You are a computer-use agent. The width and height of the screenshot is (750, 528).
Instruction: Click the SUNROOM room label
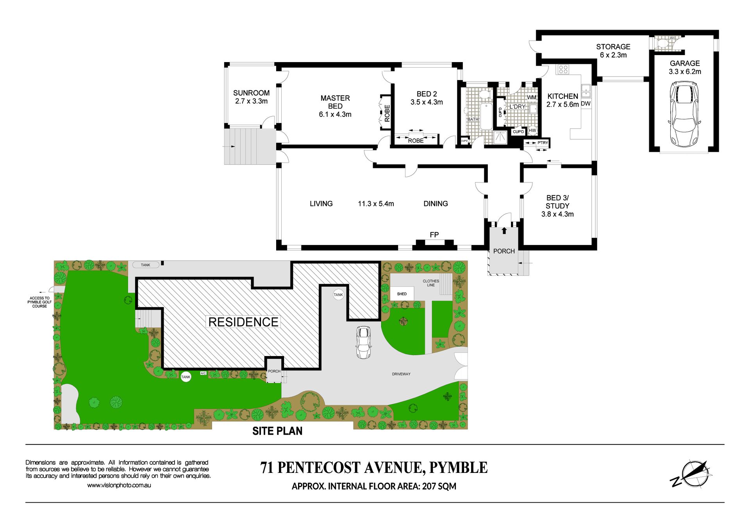[251, 93]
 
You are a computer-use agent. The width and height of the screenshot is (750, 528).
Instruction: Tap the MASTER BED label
[335, 102]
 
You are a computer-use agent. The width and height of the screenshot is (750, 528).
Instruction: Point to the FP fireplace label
[434, 234]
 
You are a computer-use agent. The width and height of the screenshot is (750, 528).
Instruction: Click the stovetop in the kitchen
[563, 70]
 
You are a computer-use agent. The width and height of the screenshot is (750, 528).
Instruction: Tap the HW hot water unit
[532, 131]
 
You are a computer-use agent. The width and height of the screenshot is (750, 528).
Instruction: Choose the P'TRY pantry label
[543, 143]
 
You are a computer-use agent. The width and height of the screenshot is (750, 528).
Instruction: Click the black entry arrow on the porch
[504, 231]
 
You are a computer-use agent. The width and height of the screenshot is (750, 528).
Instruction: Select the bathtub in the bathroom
[486, 116]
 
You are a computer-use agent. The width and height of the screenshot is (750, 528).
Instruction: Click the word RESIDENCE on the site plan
[243, 322]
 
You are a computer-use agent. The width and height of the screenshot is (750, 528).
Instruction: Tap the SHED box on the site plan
[402, 294]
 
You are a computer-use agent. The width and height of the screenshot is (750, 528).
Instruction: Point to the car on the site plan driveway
[363, 342]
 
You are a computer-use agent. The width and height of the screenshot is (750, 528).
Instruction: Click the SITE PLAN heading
[277, 431]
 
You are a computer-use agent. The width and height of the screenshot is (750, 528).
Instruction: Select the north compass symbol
[693, 474]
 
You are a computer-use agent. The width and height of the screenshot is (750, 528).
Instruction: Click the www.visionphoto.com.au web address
[119, 485]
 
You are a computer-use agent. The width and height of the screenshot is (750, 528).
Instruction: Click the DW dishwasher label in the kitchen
[586, 104]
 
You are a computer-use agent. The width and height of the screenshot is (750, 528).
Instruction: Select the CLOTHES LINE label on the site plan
[431, 283]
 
